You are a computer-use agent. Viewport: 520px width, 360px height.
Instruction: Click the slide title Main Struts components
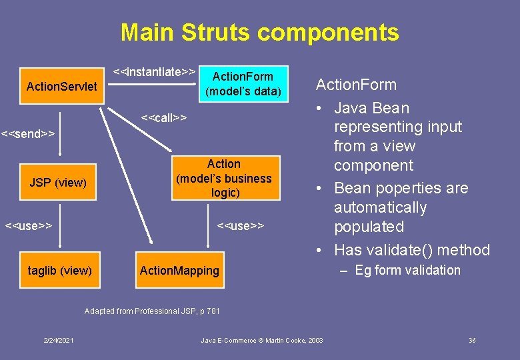(x=259, y=32)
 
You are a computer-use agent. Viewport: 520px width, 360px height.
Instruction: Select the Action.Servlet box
(x=61, y=87)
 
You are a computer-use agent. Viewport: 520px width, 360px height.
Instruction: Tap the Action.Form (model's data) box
(x=243, y=84)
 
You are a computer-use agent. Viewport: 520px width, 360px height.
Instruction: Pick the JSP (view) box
(x=58, y=182)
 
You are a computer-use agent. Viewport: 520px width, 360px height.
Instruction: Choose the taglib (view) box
(x=59, y=270)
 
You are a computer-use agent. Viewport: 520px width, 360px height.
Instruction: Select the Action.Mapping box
(x=179, y=270)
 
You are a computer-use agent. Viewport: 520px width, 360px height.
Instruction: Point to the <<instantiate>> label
(x=154, y=71)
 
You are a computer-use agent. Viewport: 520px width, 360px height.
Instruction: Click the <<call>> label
(x=164, y=118)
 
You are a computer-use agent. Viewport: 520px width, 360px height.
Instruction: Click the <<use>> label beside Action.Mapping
(x=241, y=225)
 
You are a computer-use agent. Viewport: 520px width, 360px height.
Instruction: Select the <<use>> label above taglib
(x=29, y=225)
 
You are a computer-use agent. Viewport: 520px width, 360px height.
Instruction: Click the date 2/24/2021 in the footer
(x=59, y=341)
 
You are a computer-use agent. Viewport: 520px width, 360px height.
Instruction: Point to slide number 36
(x=472, y=341)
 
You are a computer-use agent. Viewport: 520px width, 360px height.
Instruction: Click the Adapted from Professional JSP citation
(x=152, y=311)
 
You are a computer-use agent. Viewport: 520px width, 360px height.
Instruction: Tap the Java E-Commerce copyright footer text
(x=262, y=341)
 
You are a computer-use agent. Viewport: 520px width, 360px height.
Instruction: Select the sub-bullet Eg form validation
(x=407, y=270)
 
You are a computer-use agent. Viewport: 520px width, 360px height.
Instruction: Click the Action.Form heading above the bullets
(x=356, y=85)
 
